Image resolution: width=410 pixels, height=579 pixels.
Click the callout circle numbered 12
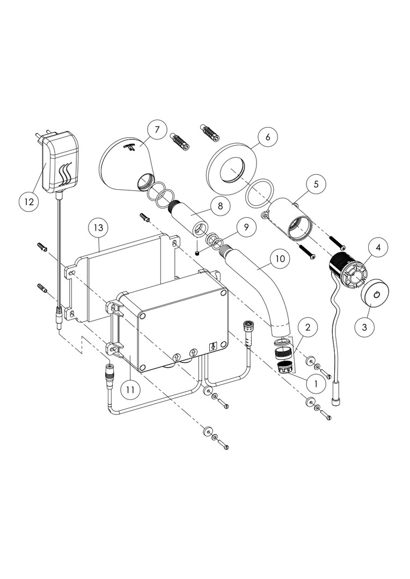28,202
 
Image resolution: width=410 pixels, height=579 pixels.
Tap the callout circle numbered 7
157,130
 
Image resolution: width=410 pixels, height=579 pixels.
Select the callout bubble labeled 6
267,136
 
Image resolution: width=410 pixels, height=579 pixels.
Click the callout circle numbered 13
98,228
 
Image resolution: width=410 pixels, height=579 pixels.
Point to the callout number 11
130,390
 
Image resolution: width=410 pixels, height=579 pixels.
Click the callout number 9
246,227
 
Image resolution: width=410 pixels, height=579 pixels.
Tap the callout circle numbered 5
316,184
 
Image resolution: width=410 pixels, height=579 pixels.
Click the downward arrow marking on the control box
214,347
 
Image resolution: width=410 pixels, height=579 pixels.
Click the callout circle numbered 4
378,248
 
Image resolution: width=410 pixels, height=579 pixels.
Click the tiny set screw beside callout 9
199,252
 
